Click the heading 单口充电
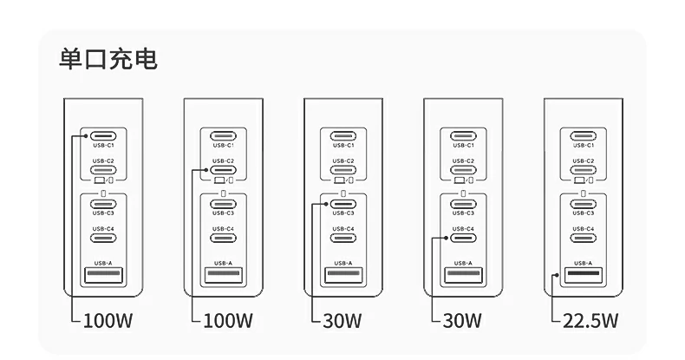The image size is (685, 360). click(x=108, y=59)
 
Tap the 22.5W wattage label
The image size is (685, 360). click(x=590, y=321)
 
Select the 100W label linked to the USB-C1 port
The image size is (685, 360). click(x=108, y=321)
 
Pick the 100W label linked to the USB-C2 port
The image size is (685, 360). click(x=228, y=321)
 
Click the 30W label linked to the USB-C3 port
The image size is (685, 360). click(x=342, y=321)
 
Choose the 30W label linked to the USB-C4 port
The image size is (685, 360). click(x=462, y=321)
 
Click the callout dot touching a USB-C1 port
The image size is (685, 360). click(x=86, y=136)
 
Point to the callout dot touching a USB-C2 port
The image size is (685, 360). click(x=206, y=170)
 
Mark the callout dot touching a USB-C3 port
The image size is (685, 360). click(x=326, y=204)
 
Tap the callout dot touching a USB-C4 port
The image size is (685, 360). click(x=446, y=238)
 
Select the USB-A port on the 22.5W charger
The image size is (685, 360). click(x=584, y=275)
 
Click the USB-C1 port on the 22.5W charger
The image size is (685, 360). click(x=584, y=136)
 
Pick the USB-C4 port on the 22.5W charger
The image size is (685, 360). click(x=584, y=238)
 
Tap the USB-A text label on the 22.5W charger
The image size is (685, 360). click(x=584, y=263)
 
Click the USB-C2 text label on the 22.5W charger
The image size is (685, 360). click(x=584, y=160)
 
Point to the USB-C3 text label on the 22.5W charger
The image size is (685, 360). click(x=584, y=213)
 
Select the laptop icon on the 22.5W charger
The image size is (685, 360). click(x=579, y=180)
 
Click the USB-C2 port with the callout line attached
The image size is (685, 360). click(x=223, y=170)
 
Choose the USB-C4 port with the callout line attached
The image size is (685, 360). click(x=463, y=238)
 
